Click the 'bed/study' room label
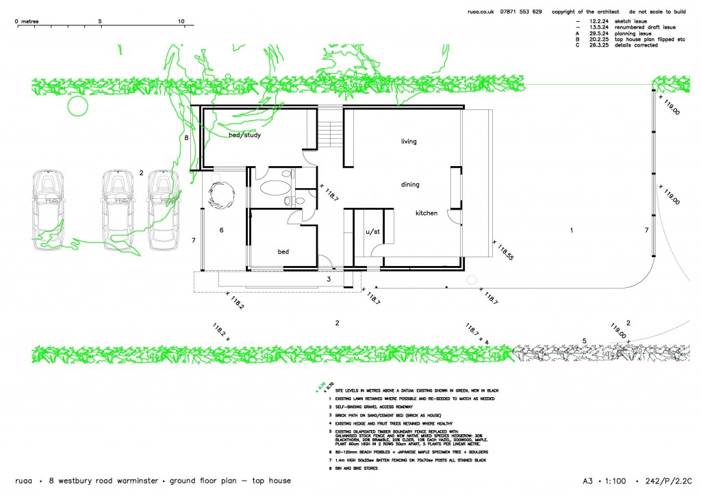(244, 135)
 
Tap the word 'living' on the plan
(409, 142)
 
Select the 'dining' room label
(410, 185)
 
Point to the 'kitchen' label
(426, 213)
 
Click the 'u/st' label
(372, 232)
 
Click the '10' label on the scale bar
(181, 21)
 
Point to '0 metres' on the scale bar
(27, 21)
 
